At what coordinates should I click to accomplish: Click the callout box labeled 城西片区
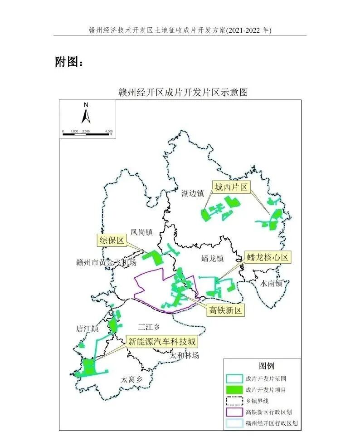[x=232, y=187]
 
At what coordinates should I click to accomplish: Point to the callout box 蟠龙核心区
[x=268, y=258]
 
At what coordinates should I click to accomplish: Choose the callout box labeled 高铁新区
[x=226, y=310]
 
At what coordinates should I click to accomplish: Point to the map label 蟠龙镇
[x=213, y=259]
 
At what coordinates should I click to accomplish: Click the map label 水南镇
[x=271, y=284]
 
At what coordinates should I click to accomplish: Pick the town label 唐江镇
[x=88, y=329]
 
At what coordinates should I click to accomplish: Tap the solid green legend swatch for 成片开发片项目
[x=234, y=390]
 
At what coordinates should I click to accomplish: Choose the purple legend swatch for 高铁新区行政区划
[x=234, y=412]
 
